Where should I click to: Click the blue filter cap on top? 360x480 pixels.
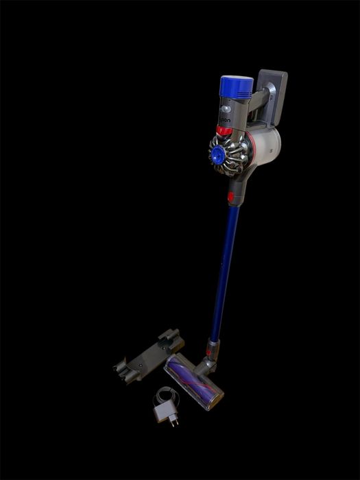(237, 87)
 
